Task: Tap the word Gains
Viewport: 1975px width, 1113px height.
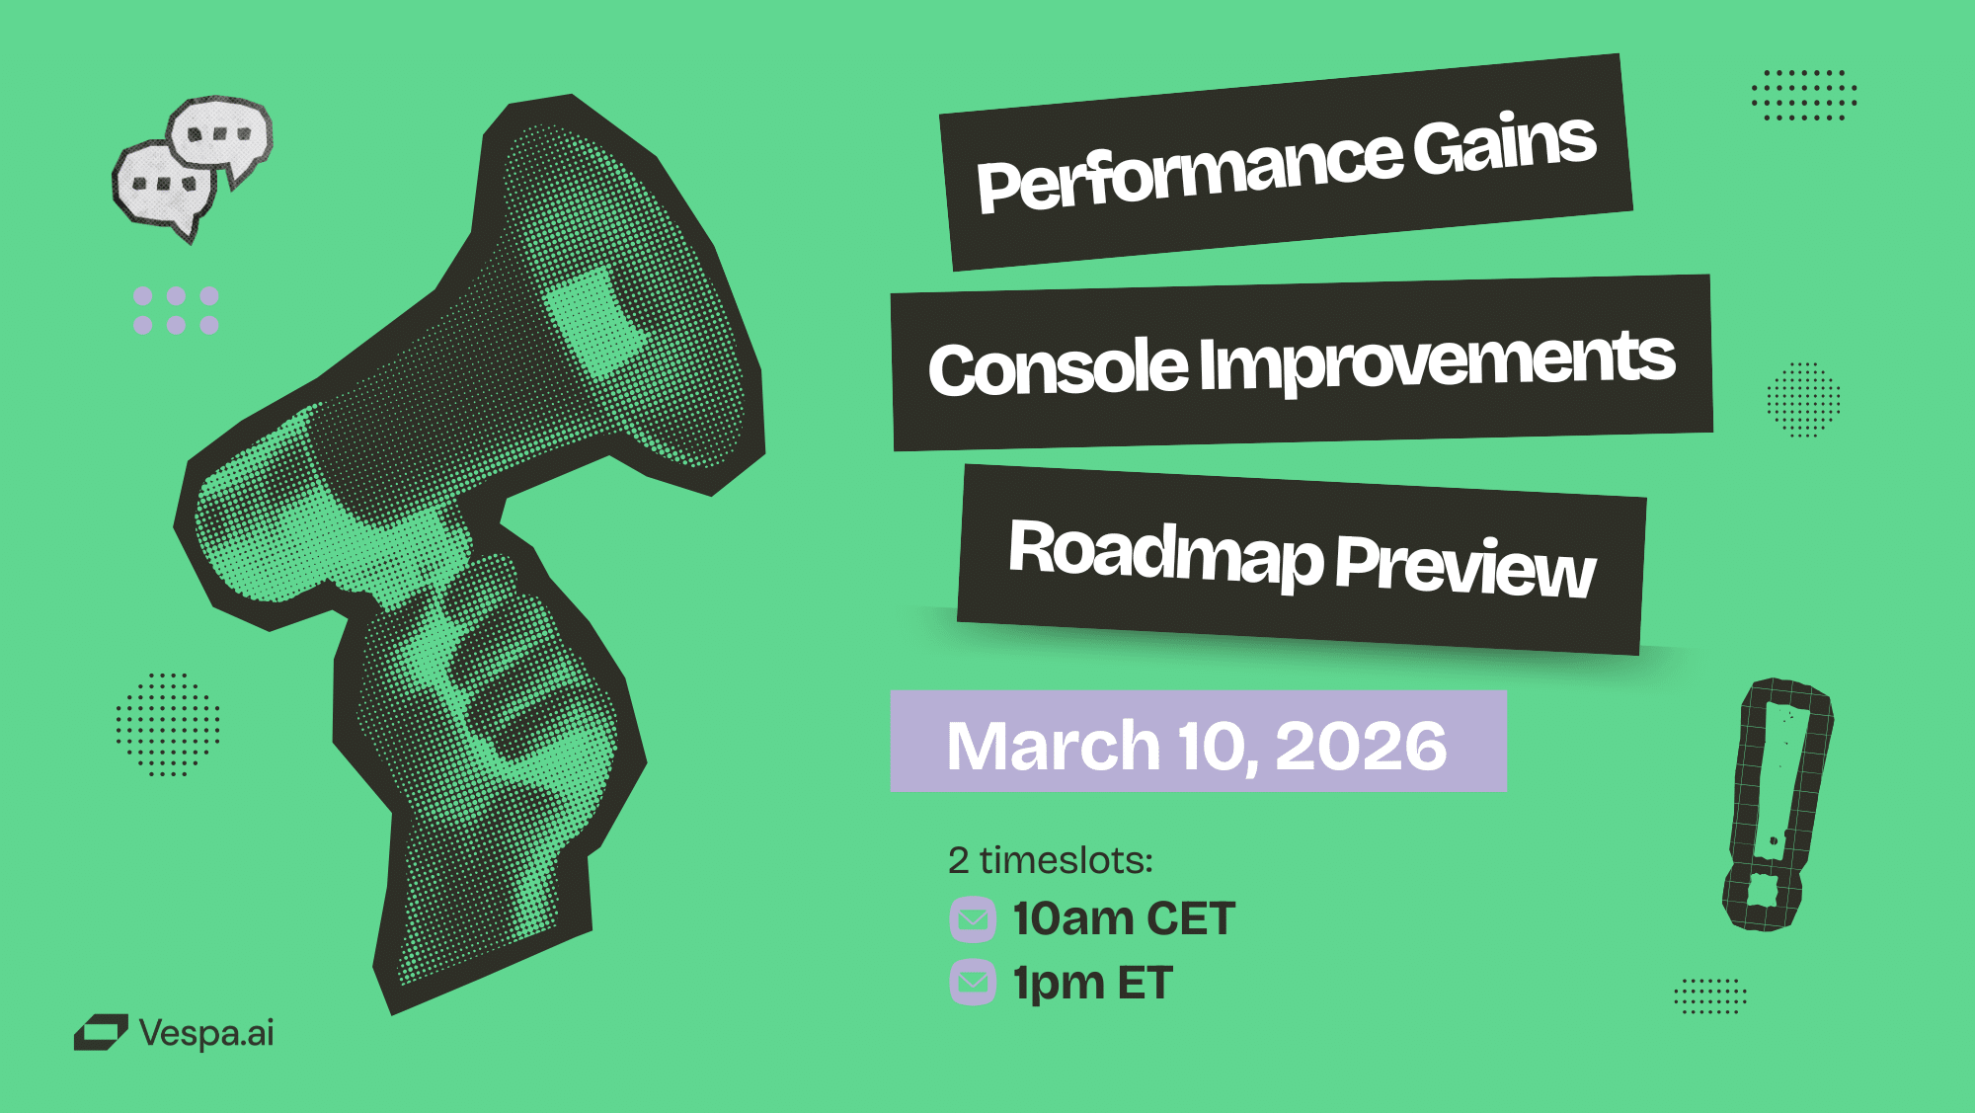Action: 1504,144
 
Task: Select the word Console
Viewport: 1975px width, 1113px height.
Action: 1058,368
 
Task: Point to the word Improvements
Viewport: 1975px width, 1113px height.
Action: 1438,361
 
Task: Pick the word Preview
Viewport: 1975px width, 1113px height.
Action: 1465,567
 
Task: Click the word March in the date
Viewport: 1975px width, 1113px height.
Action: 1053,746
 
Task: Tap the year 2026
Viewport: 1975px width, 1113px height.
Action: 1361,746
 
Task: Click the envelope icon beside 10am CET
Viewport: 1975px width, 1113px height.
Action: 973,919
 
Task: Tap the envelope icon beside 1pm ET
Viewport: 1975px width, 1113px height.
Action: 973,982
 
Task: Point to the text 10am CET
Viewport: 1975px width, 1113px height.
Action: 1124,919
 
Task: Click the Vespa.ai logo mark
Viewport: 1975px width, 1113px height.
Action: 101,1032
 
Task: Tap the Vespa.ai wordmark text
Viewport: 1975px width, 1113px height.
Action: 206,1033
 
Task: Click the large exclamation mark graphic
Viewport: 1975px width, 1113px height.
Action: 1777,805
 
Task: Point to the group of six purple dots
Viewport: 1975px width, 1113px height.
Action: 176,310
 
